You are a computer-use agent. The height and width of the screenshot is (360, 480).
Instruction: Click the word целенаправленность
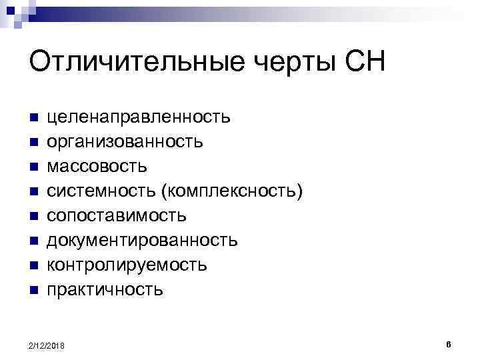(x=138, y=118)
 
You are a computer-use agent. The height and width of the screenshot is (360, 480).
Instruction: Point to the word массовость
(x=97, y=167)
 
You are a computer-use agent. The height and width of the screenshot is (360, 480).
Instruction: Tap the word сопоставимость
(x=116, y=216)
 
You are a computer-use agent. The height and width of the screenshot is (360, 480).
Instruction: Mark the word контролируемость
(x=126, y=265)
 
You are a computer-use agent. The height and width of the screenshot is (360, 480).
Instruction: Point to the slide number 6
(x=449, y=344)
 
